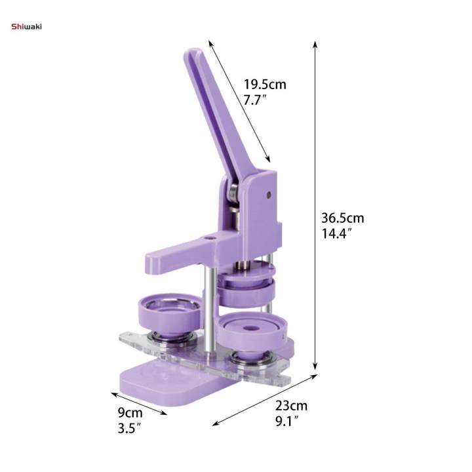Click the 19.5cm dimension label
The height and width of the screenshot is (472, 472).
pyautogui.click(x=265, y=85)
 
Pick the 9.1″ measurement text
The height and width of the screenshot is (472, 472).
pyautogui.click(x=289, y=422)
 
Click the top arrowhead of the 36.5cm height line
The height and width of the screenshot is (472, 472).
pyautogui.click(x=315, y=45)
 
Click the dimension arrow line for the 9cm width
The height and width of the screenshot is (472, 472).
pyautogui.click(x=138, y=403)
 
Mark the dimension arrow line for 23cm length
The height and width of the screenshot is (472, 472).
pyautogui.click(x=265, y=400)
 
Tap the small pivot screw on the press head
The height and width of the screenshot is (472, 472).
pyautogui.click(x=268, y=195)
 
